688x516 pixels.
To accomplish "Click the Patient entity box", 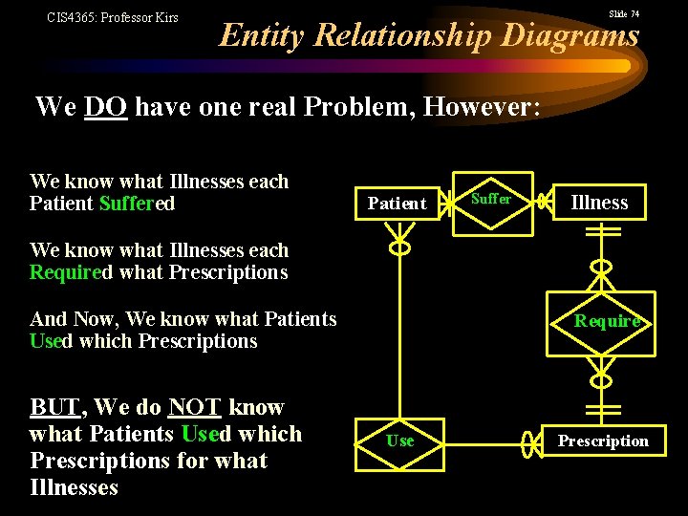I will coord(397,203).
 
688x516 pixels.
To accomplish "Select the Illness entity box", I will coord(599,202).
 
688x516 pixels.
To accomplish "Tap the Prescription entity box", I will coord(602,441).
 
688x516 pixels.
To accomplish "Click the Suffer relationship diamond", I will coord(492,200).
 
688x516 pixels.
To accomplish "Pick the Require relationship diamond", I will coord(606,321).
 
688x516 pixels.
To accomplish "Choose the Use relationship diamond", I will coord(399,441).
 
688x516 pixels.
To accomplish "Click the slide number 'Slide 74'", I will coord(624,14).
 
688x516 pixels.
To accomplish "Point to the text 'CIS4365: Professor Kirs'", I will coord(113,17).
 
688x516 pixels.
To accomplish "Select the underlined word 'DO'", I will coord(105,106).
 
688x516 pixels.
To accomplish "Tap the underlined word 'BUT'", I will coord(55,407).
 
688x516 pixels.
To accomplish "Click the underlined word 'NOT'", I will coord(194,407).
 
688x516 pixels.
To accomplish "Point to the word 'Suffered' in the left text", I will coord(137,204).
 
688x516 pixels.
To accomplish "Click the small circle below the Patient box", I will coord(399,247).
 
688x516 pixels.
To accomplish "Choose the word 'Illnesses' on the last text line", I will coord(75,487).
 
